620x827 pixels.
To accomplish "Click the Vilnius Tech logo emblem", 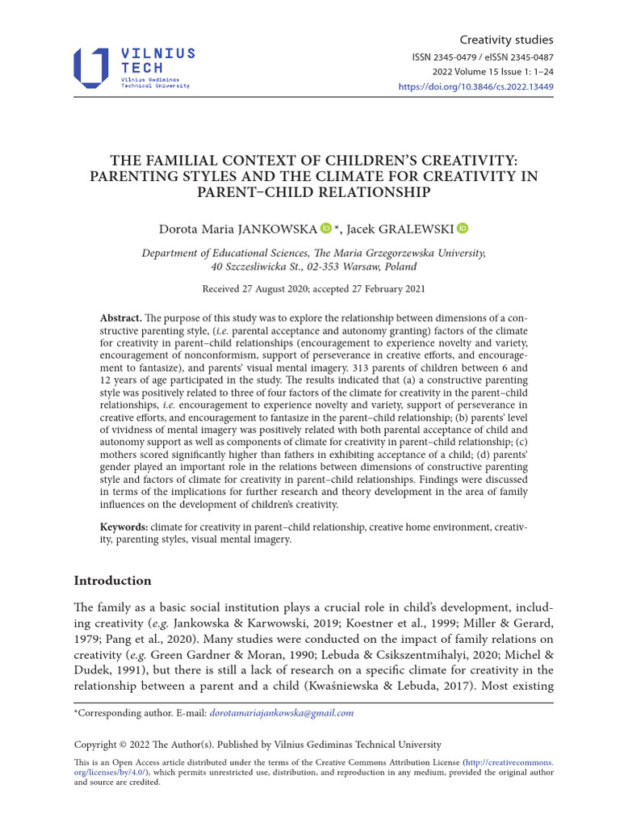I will pos(90,68).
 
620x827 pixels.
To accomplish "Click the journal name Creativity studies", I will pos(506,40).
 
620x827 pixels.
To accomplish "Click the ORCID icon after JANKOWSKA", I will pos(325,229).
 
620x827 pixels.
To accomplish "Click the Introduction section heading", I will pos(112,581).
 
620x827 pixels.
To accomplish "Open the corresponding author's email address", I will pos(281,713).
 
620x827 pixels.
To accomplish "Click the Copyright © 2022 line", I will pos(258,744).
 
